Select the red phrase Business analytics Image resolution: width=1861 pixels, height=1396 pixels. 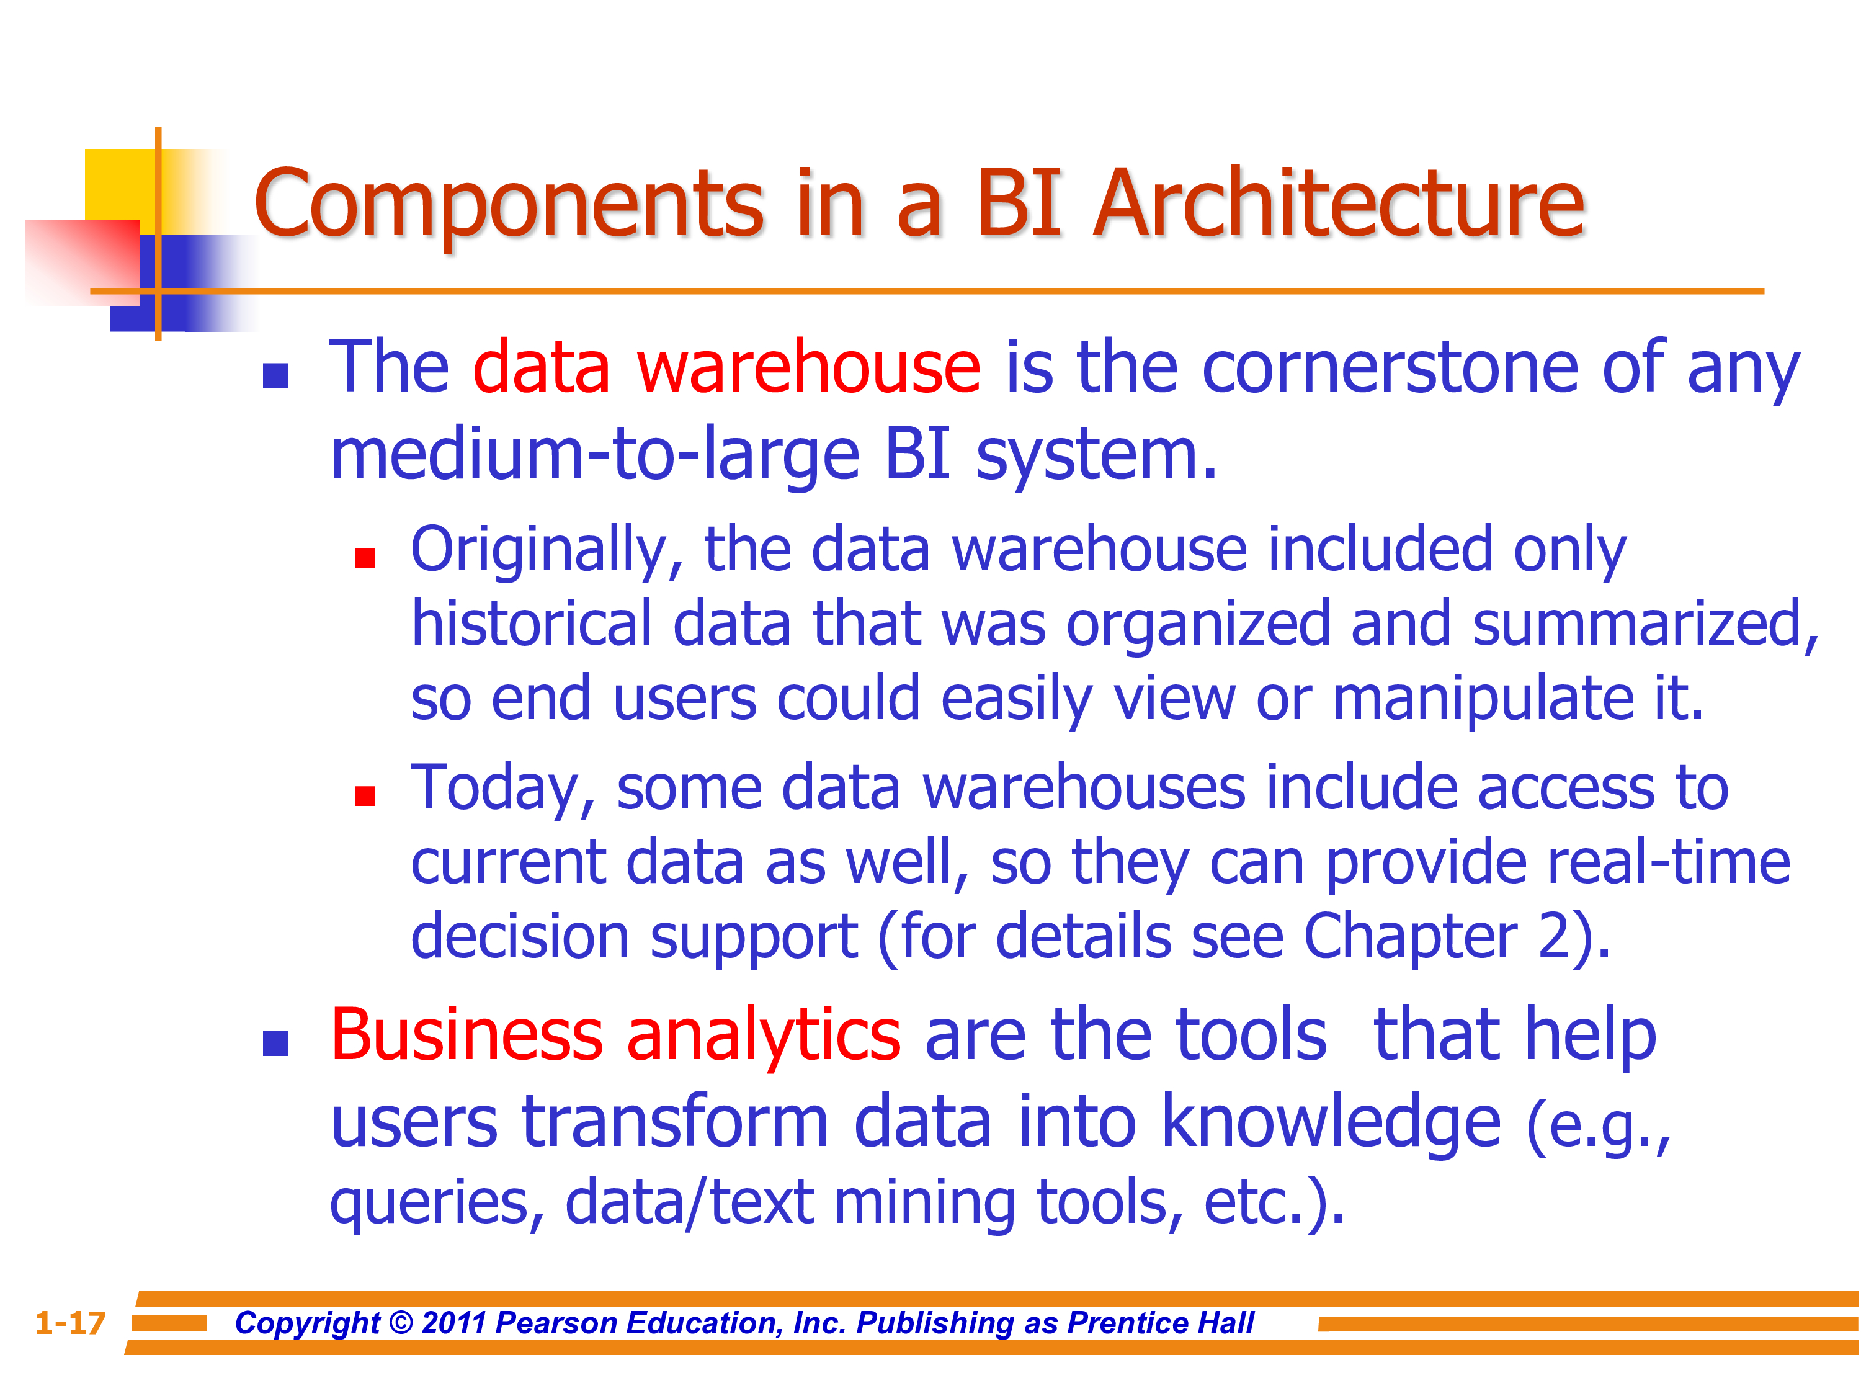(x=615, y=1036)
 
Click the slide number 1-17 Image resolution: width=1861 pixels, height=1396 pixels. (x=71, y=1323)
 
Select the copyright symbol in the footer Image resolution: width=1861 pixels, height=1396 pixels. (x=401, y=1323)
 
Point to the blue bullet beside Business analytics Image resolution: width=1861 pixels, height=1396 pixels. (x=275, y=1044)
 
